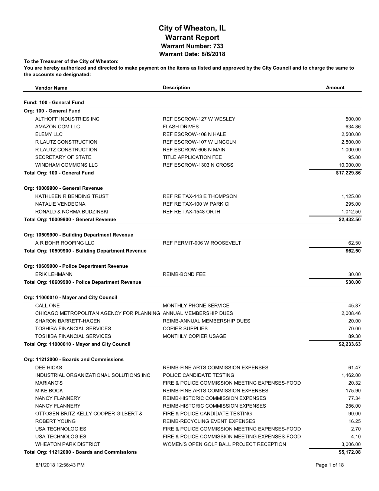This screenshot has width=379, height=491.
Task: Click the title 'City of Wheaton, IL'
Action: [192, 28]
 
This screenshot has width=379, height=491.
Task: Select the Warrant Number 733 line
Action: [192, 46]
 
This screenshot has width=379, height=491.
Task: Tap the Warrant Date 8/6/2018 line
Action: [192, 54]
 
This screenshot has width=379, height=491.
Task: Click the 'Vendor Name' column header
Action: [51, 88]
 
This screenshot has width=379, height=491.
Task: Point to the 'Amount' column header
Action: [335, 88]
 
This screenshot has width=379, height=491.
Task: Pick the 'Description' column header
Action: [176, 88]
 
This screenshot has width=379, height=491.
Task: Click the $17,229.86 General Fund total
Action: [348, 173]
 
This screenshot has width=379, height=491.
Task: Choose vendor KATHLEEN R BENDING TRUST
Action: [72, 196]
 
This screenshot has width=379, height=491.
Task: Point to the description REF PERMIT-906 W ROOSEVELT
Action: [202, 243]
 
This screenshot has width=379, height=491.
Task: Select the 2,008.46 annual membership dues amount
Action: [351, 314]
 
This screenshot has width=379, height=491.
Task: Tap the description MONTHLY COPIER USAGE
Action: [194, 336]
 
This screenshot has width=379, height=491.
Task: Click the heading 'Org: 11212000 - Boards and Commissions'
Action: [74, 360]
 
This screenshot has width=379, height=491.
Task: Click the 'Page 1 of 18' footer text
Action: [329, 465]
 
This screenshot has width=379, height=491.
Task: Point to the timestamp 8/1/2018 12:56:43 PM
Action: [60, 465]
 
